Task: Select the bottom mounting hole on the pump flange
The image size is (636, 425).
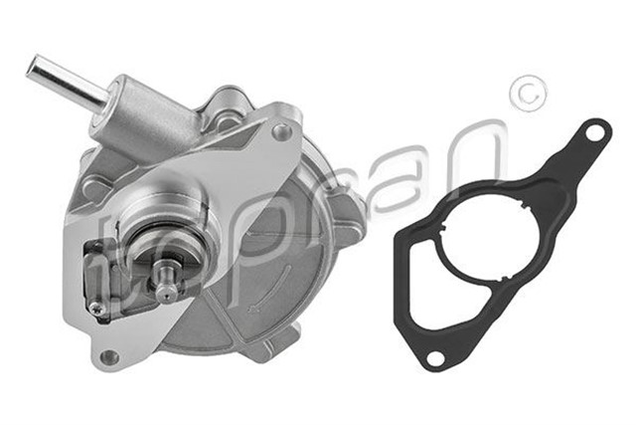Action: point(108,356)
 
